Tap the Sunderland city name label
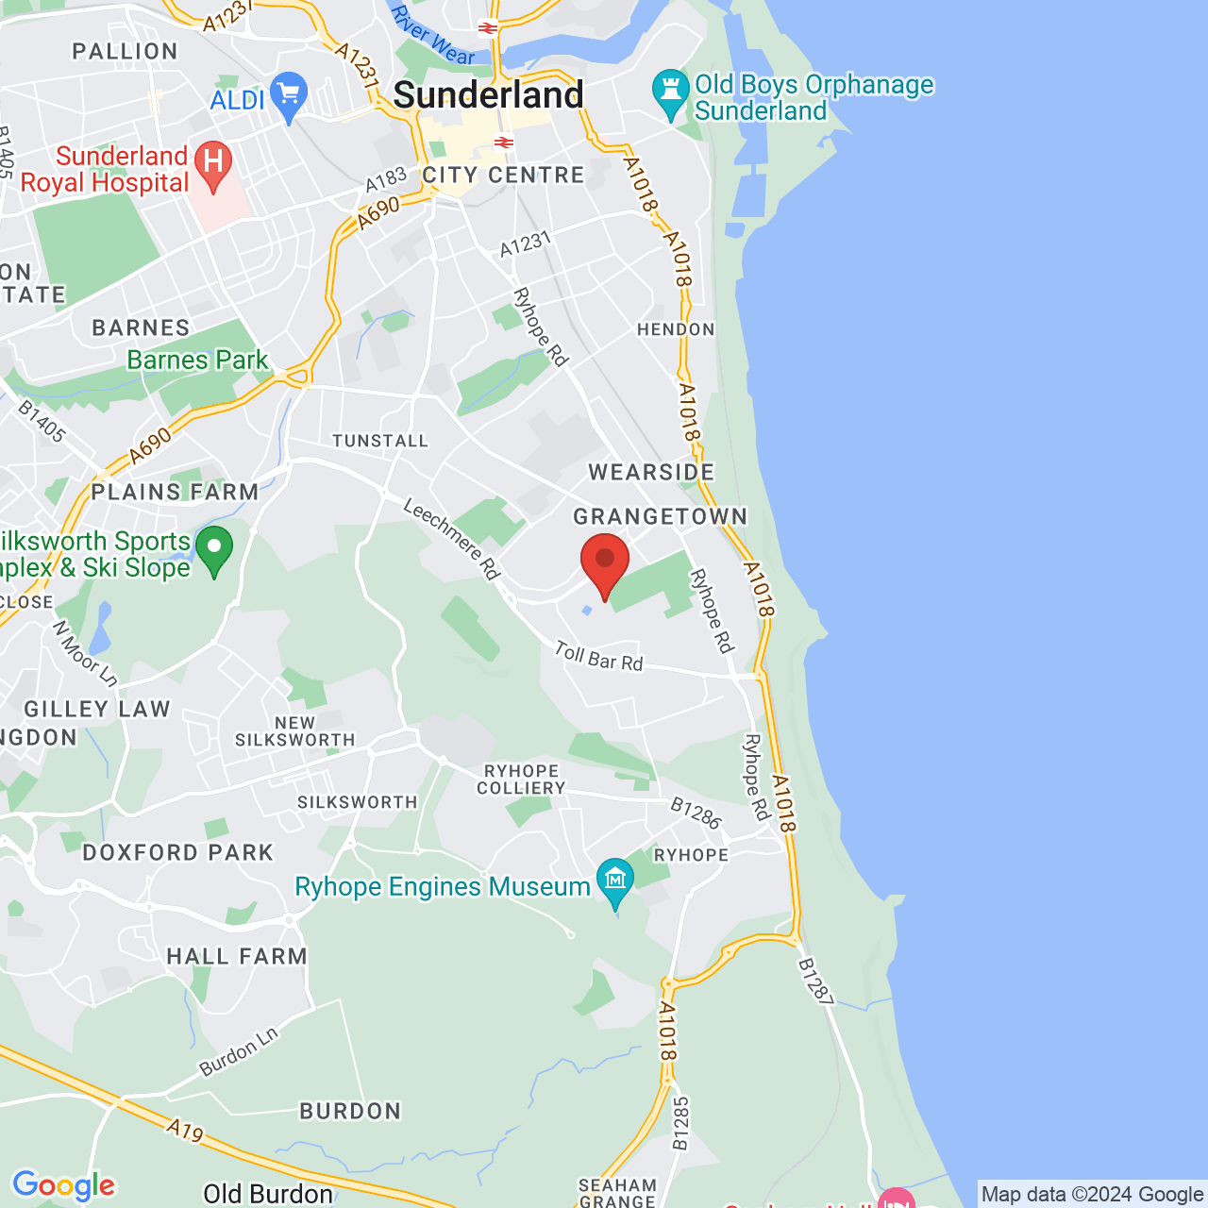tap(488, 95)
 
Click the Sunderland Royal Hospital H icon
tap(212, 163)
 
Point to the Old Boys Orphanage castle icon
tap(671, 92)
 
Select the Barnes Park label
tap(197, 360)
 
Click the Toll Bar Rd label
tap(598, 657)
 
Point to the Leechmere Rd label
tap(451, 539)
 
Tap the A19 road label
tap(185, 1130)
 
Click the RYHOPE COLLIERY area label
tap(521, 780)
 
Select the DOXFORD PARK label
tap(177, 852)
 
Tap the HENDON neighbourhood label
tap(676, 329)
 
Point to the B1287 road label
tap(815, 981)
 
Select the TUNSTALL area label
tap(380, 441)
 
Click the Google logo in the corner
tap(63, 1185)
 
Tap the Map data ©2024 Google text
tap(1092, 1194)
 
